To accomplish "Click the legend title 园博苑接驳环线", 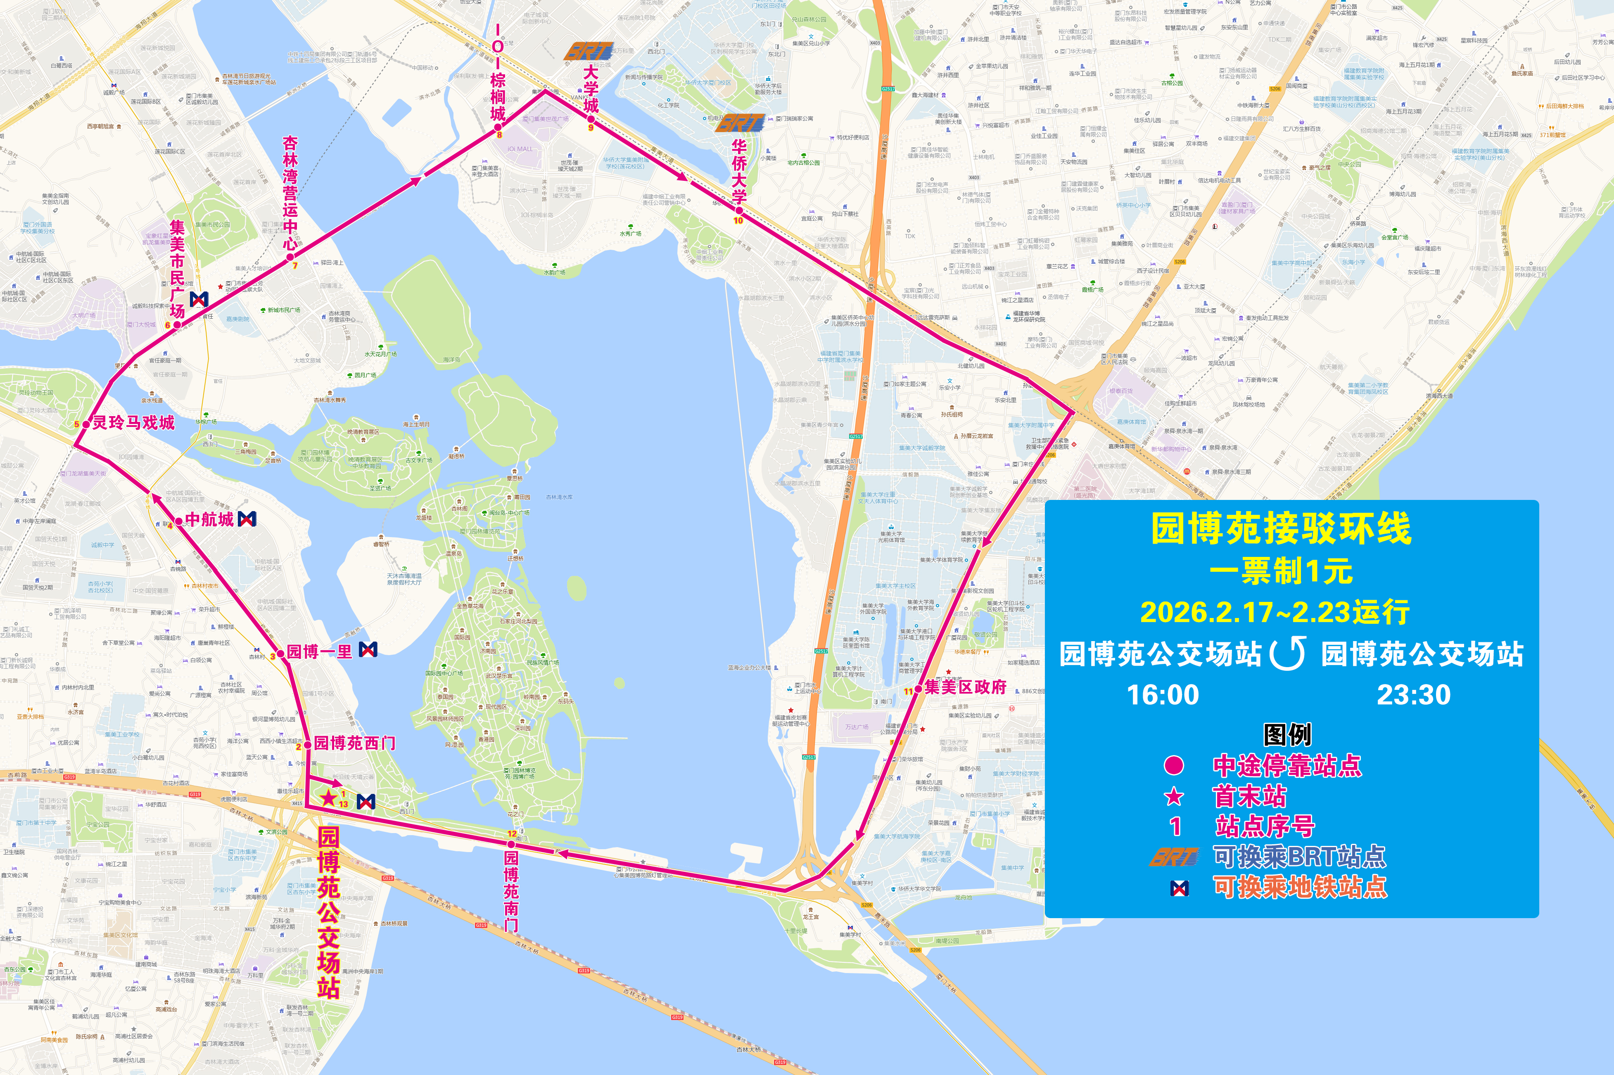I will [1281, 528].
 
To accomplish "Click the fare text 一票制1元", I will [1281, 571].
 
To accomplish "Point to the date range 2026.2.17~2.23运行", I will [1275, 612].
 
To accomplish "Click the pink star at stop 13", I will [329, 797].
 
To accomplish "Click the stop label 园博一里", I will [319, 651].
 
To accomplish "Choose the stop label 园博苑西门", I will [355, 743].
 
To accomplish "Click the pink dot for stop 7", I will [290, 257].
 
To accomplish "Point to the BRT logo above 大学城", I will [589, 52].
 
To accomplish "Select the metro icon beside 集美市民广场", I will [199, 299].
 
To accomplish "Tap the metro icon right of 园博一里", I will [368, 649].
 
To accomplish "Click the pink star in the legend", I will [1174, 797].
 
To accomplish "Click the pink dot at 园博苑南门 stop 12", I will [511, 844].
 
